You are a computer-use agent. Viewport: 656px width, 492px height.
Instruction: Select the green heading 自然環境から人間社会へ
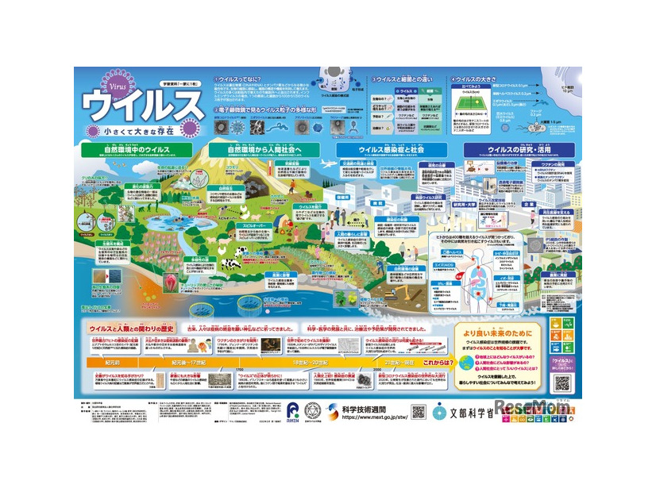click(x=263, y=148)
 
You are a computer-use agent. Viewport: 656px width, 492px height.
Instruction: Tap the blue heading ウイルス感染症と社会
click(x=392, y=148)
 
